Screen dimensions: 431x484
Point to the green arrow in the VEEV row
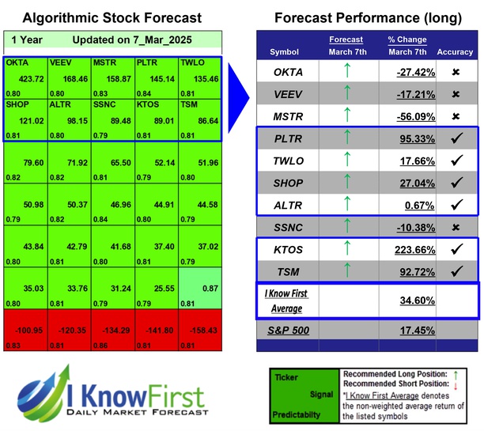pos(346,95)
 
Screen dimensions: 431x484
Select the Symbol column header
pos(285,52)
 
